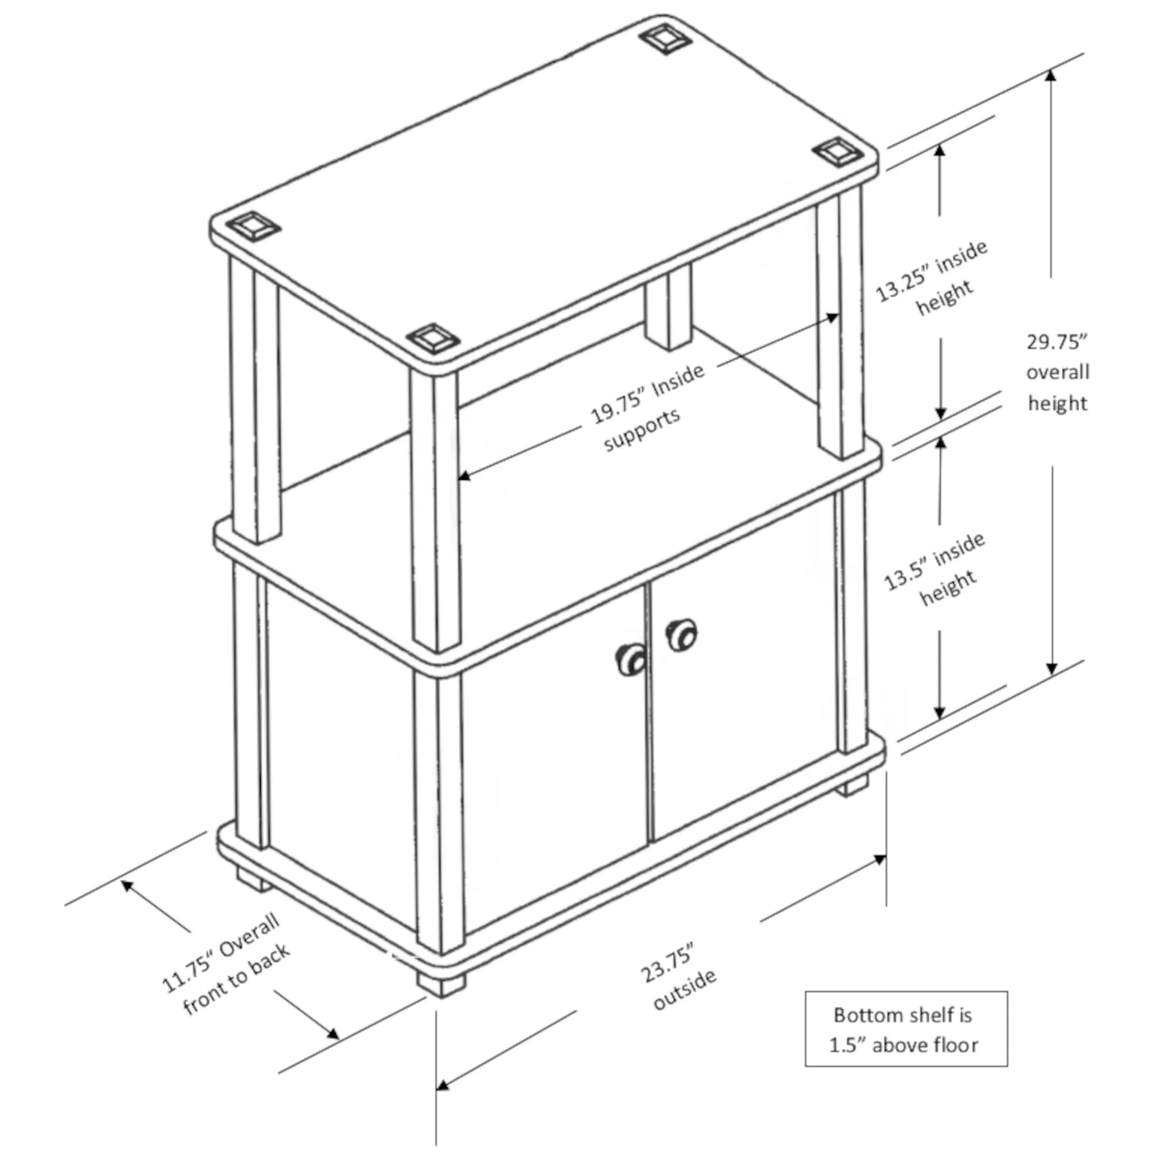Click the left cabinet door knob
[x=631, y=658]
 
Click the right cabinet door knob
[x=681, y=635]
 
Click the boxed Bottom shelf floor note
[x=906, y=1028]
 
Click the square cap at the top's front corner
[x=430, y=338]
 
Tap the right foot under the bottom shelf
[x=854, y=784]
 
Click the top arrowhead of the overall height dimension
[x=1052, y=76]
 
